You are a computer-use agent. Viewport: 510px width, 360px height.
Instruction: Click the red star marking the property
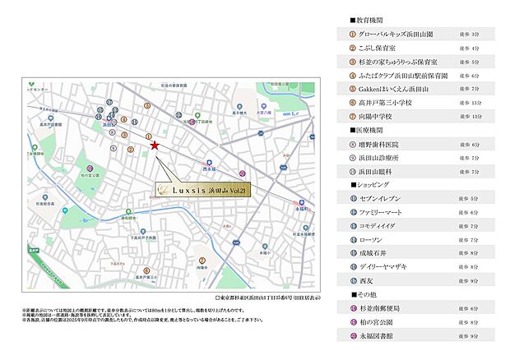point(155,145)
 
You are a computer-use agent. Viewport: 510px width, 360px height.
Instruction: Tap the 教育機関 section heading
point(368,18)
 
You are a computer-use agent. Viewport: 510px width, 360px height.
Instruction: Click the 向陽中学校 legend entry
point(375,116)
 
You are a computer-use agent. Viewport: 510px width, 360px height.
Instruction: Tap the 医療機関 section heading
point(368,130)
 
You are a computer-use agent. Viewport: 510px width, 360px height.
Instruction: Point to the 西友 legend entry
point(365,280)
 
